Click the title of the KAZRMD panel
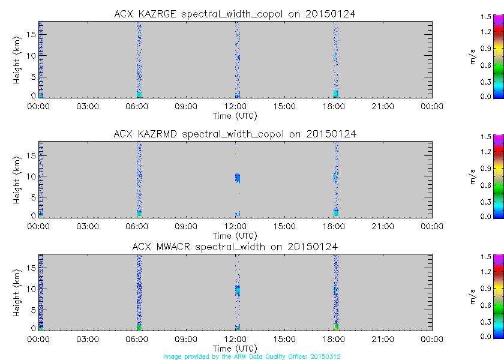point(235,134)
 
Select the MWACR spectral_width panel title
point(235,247)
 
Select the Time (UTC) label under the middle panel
point(235,235)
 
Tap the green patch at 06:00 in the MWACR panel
point(139,326)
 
